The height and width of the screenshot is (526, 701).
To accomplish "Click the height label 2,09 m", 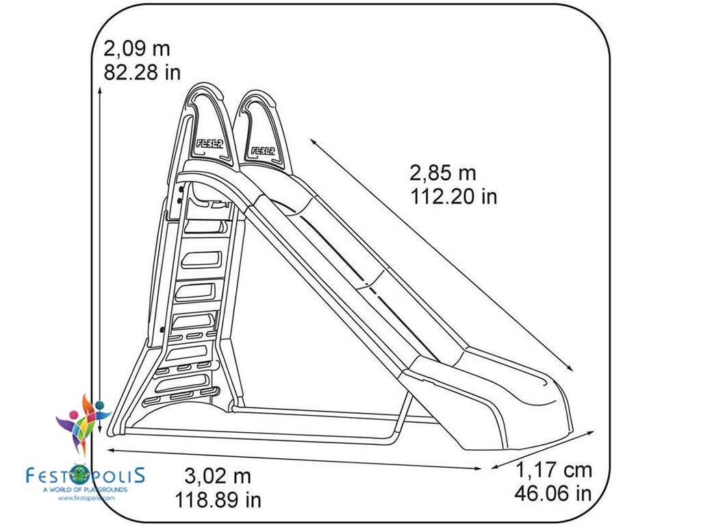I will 136,49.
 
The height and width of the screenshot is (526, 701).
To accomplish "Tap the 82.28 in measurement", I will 142,72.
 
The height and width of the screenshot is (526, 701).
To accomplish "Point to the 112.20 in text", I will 454,197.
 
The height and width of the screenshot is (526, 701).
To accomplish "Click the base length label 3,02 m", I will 218,475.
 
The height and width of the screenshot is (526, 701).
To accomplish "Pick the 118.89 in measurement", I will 218,499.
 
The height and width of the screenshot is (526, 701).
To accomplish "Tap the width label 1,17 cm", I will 554,471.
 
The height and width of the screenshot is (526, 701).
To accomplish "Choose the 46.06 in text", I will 554,493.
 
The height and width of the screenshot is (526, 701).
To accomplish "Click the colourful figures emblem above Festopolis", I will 83,421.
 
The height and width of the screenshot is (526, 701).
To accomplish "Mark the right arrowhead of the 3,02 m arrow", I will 479,468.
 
